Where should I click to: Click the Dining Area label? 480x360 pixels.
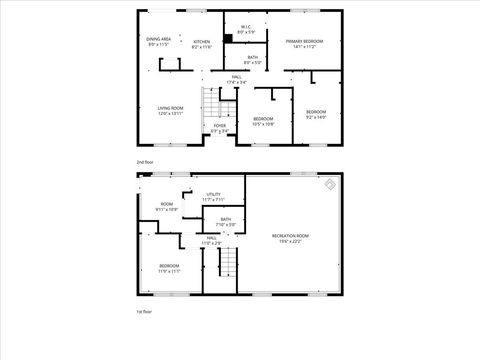[x=158, y=38]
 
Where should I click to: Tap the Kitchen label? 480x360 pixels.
[x=202, y=42]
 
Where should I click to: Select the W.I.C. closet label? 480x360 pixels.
[x=245, y=27]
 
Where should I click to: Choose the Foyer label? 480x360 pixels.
[x=220, y=125]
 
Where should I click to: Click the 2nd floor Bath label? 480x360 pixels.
[x=253, y=57]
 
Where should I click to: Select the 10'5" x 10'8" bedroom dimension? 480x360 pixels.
[x=263, y=124]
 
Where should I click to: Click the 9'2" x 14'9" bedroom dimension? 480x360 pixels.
[x=316, y=116]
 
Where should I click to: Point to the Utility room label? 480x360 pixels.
[x=213, y=194]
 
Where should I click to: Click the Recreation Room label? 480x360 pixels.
[x=291, y=236]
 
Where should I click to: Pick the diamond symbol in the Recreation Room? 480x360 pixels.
[x=330, y=184]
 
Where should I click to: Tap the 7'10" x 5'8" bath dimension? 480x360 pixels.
[x=226, y=224]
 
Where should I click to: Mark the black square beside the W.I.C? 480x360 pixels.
[x=229, y=38]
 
